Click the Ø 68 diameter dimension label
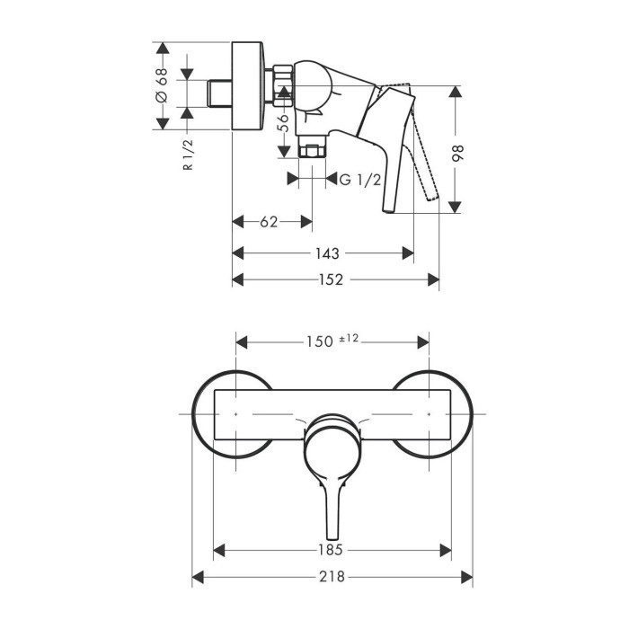(x=162, y=85)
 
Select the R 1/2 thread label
(x=188, y=155)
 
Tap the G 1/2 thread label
(x=359, y=180)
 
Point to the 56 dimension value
(x=284, y=123)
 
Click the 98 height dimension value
(x=457, y=153)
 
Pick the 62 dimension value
(x=269, y=222)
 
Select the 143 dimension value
(x=327, y=253)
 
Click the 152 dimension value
(x=331, y=279)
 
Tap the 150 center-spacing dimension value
(x=320, y=341)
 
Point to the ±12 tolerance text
(x=349, y=338)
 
